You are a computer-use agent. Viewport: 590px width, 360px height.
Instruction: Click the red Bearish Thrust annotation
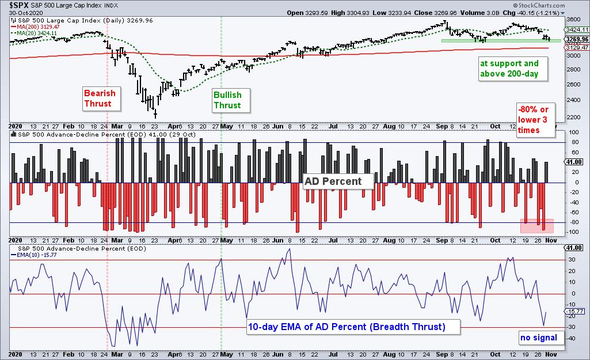(100, 98)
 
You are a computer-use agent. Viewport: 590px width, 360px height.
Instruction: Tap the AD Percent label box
(338, 181)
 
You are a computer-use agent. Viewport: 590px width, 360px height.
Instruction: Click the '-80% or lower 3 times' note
(535, 120)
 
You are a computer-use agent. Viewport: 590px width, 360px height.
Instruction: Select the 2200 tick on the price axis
(573, 117)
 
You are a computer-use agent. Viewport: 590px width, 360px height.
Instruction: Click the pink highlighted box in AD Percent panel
(536, 225)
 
